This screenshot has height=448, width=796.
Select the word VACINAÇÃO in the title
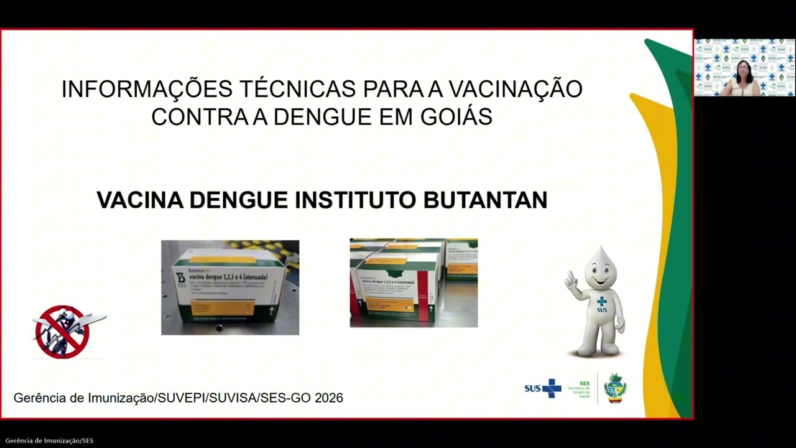(516, 89)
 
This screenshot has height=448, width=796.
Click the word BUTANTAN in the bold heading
(485, 200)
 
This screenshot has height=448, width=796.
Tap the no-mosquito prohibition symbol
(62, 332)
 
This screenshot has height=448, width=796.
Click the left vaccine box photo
(230, 287)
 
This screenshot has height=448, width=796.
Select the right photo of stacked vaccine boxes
(414, 283)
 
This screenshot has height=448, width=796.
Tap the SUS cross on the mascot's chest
(601, 302)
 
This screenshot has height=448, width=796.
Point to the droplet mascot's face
(602, 274)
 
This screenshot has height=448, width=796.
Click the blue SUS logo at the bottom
(542, 388)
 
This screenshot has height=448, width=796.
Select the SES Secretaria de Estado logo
(581, 389)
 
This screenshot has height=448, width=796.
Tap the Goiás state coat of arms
(615, 388)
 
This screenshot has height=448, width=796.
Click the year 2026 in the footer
(329, 398)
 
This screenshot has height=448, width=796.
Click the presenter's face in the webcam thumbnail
(743, 70)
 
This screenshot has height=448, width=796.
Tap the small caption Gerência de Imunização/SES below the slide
(50, 441)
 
